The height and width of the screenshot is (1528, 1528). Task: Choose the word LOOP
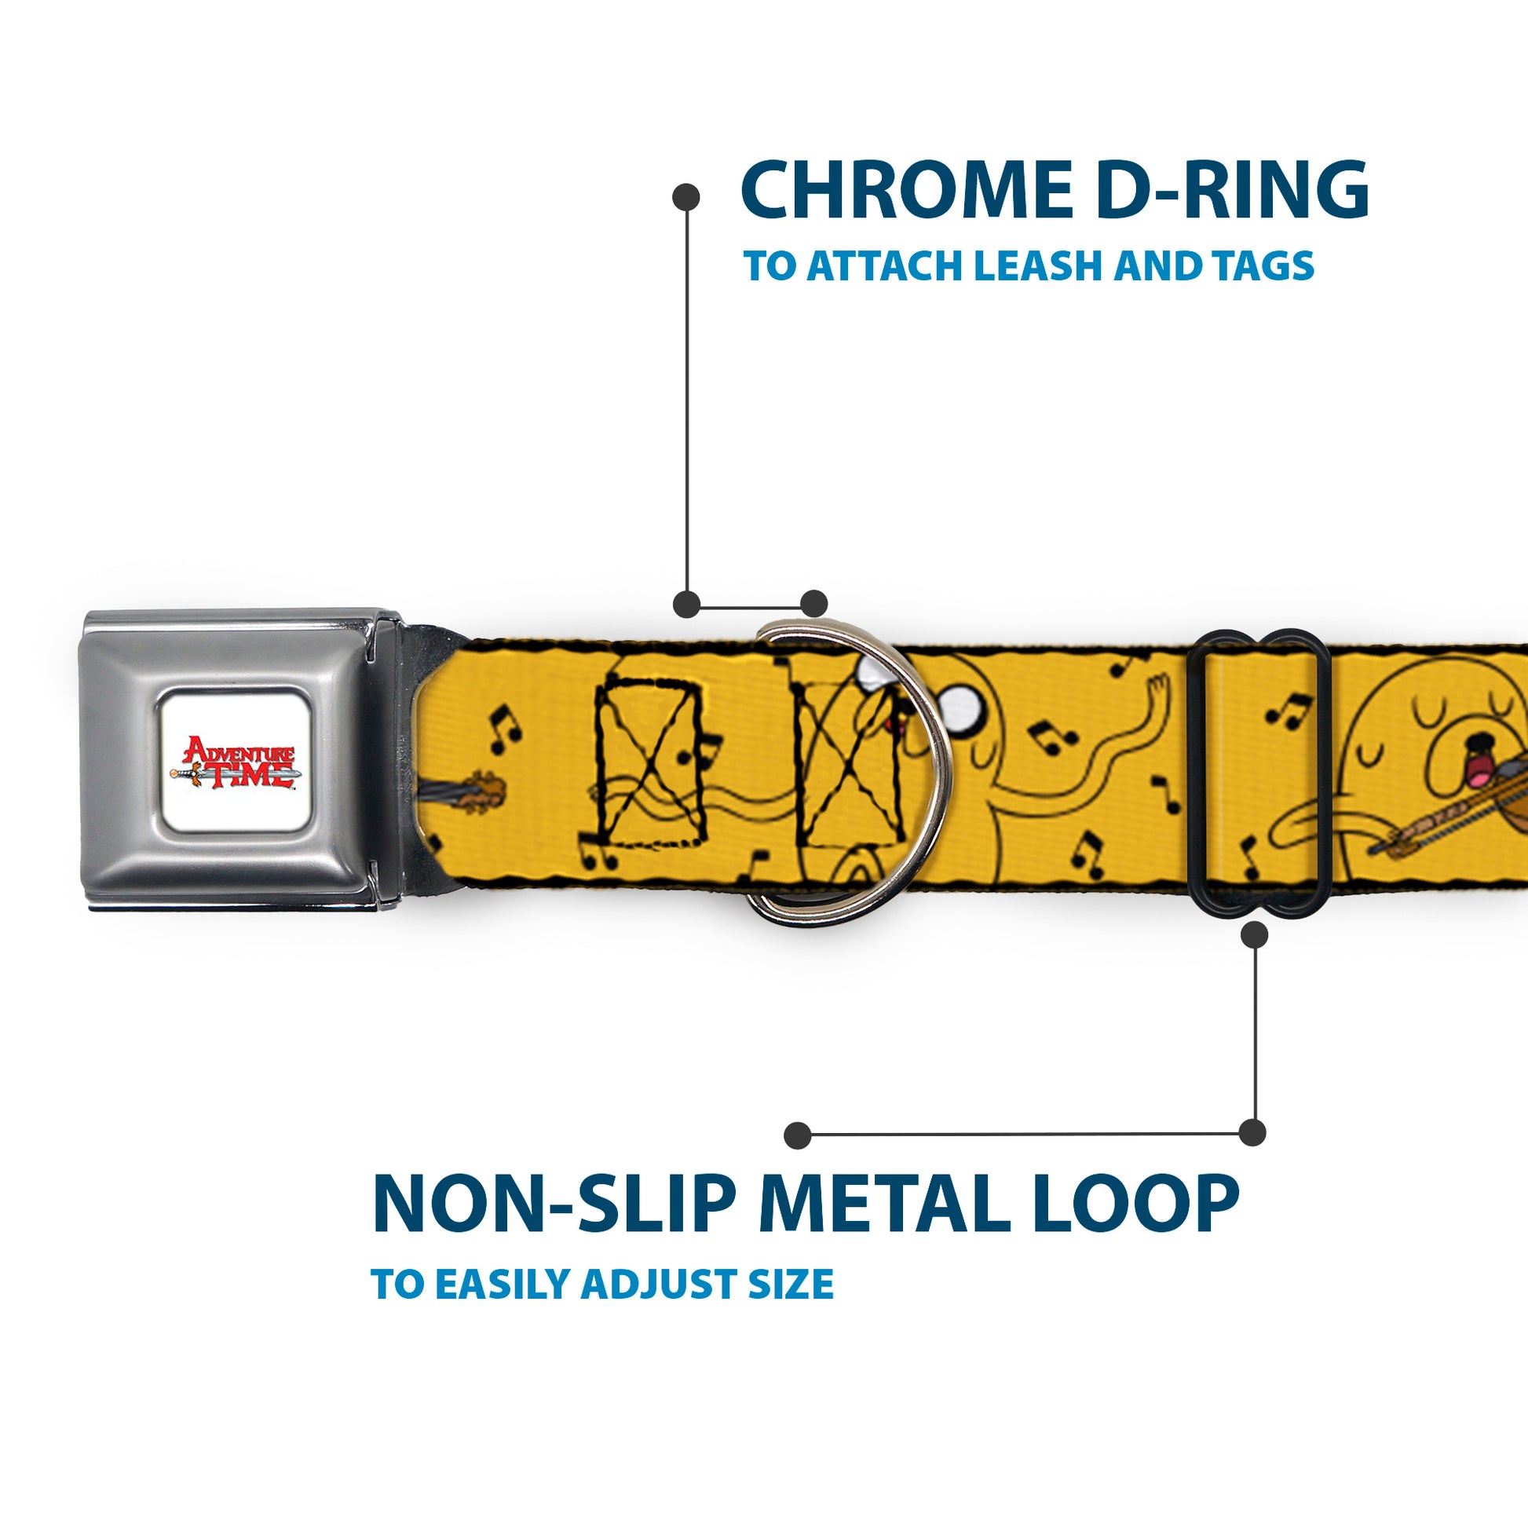[x=1138, y=1204]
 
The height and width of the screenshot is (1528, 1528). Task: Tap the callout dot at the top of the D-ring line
[x=685, y=197]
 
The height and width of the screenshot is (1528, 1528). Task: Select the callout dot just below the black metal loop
[x=1254, y=935]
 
